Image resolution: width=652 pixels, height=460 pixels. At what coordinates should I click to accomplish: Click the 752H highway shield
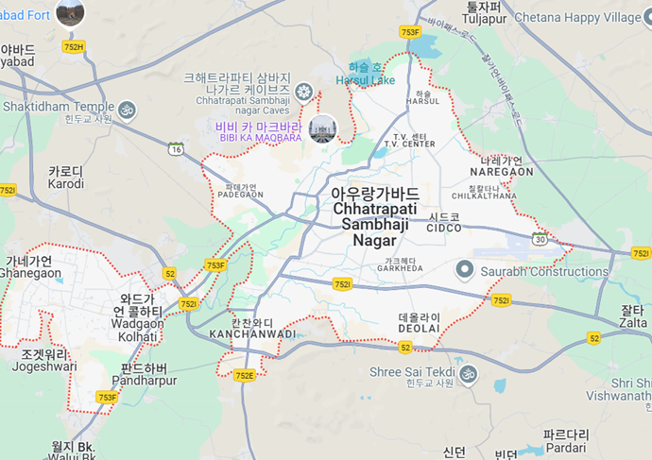pyautogui.click(x=73, y=46)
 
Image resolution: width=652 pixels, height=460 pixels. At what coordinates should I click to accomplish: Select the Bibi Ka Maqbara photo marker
pyautogui.click(x=322, y=128)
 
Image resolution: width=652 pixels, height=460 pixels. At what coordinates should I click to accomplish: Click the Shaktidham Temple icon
pyautogui.click(x=127, y=111)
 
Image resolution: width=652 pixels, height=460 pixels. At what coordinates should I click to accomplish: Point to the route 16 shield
pyautogui.click(x=176, y=148)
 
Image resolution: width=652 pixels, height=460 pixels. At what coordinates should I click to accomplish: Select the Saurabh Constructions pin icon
pyautogui.click(x=464, y=271)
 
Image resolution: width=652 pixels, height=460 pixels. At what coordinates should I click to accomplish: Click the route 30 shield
pyautogui.click(x=540, y=239)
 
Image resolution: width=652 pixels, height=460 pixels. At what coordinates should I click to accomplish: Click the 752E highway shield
pyautogui.click(x=245, y=375)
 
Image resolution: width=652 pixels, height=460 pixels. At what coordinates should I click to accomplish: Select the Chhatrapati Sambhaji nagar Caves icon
pyautogui.click(x=303, y=91)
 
